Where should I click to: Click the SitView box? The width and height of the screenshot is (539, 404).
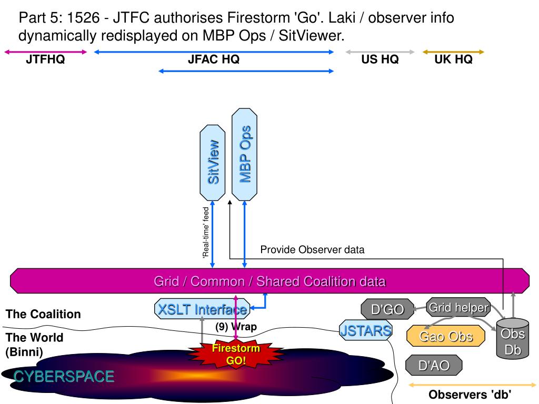213,163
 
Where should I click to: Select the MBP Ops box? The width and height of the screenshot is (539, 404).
244,154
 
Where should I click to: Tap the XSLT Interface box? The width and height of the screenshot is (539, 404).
202,309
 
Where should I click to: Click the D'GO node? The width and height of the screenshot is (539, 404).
387,309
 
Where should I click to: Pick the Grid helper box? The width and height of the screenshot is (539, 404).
458,307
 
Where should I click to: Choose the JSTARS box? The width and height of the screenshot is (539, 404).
366,330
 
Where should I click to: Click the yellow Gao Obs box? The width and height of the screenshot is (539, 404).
446,336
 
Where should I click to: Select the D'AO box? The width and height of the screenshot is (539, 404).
434,365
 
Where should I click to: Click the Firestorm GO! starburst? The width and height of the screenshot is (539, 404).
236,354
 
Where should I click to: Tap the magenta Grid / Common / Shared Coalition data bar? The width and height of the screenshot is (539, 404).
270,281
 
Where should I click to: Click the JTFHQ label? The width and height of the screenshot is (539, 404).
45,59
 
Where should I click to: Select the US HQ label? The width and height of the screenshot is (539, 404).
380,59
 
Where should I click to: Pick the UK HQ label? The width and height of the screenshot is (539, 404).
453,59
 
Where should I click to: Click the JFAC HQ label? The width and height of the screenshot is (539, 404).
214,59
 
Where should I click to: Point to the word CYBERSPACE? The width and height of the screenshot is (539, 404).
64,377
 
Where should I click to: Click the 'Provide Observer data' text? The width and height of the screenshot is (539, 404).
312,249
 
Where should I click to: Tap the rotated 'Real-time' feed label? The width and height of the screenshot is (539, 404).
206,232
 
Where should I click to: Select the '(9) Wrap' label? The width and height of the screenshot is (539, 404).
236,326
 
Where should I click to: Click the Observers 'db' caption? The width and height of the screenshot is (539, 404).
470,395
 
